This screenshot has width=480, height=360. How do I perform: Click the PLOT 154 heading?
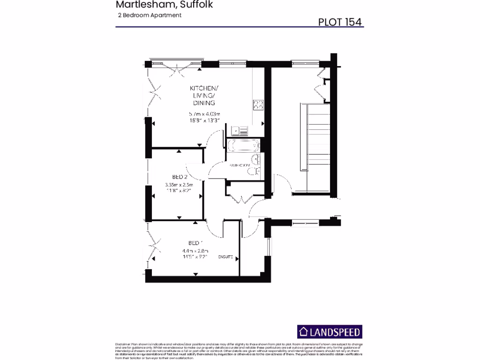[x=340, y=22]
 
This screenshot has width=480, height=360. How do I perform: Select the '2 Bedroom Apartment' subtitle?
[x=150, y=15]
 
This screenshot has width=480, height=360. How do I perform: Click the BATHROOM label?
[x=239, y=165]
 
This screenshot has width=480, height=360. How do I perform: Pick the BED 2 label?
[x=180, y=177]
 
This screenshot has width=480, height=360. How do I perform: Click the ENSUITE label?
[x=225, y=257]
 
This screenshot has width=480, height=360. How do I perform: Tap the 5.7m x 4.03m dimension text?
[x=204, y=114]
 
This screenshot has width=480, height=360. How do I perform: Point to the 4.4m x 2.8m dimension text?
[x=195, y=251]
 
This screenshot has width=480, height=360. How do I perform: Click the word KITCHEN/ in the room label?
[x=204, y=88]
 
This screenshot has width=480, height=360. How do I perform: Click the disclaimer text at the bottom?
[x=240, y=351]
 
